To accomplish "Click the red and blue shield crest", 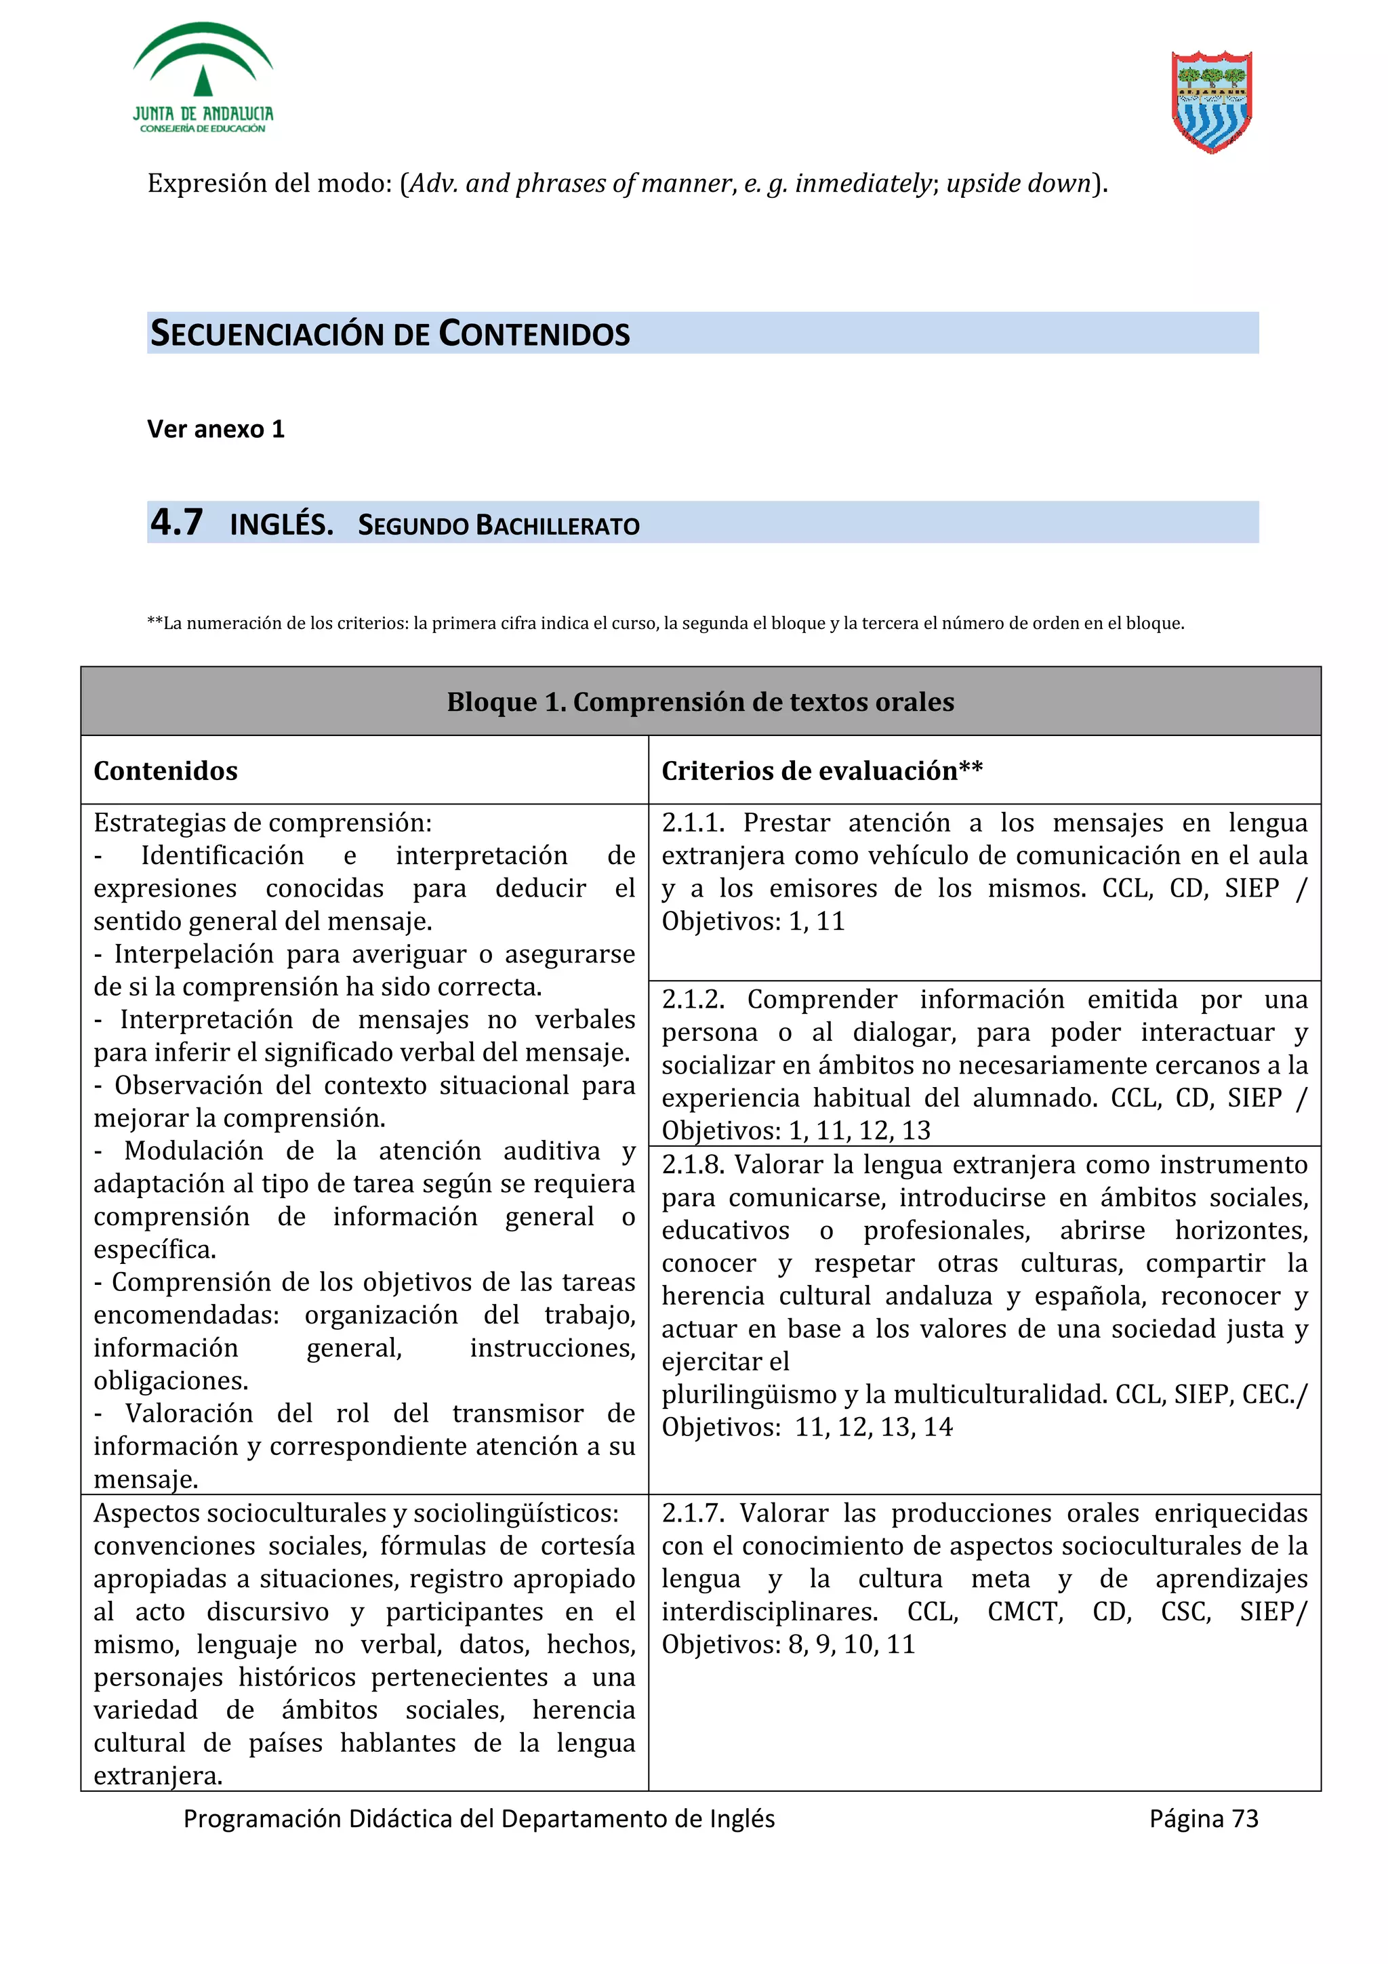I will (1211, 101).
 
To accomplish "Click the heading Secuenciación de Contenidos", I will (390, 333).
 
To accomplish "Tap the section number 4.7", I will (176, 523).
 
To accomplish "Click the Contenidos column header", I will (165, 771).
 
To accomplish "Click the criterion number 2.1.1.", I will (693, 823).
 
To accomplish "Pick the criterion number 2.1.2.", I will (693, 999).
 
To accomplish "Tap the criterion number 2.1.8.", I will (693, 1164).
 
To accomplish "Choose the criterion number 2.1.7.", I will (693, 1513).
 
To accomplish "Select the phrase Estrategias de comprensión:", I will (262, 823).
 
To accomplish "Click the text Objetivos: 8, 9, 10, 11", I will (788, 1644).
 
